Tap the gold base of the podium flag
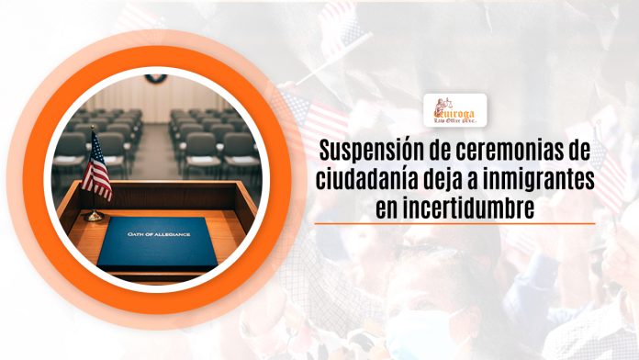coord(93,217)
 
